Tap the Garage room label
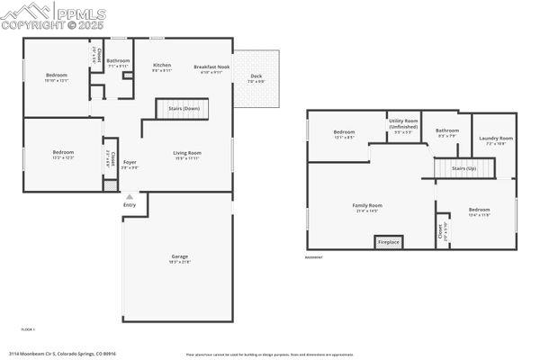[x=180, y=257]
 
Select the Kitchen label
[x=162, y=66]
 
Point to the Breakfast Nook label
[x=211, y=67]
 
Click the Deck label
[x=256, y=76]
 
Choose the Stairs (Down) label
[x=184, y=108]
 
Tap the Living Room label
[x=187, y=153]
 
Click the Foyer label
[x=130, y=163]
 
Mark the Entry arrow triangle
[x=130, y=196]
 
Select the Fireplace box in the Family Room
[x=388, y=242]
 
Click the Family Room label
[x=367, y=206]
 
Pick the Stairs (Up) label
[x=464, y=168]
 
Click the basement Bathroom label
[x=447, y=131]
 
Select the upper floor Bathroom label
[x=118, y=61]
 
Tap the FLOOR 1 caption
[x=27, y=329]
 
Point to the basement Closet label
[x=441, y=232]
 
